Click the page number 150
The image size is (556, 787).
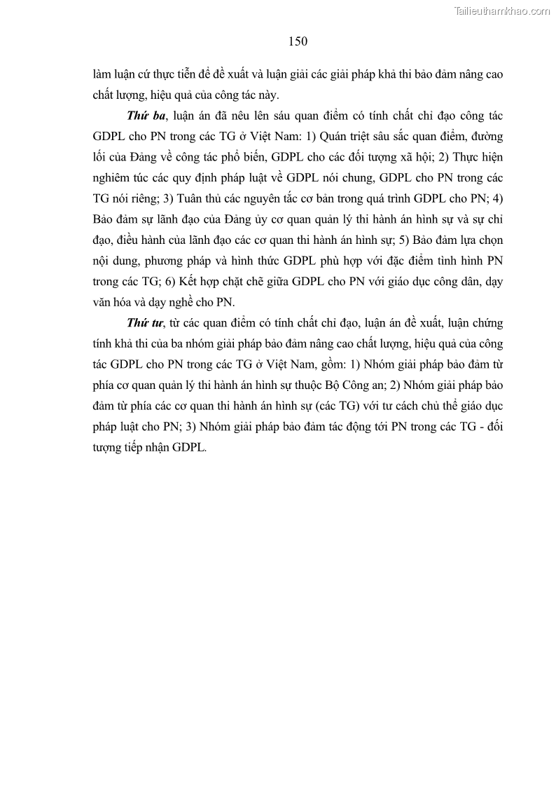[x=298, y=41]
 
